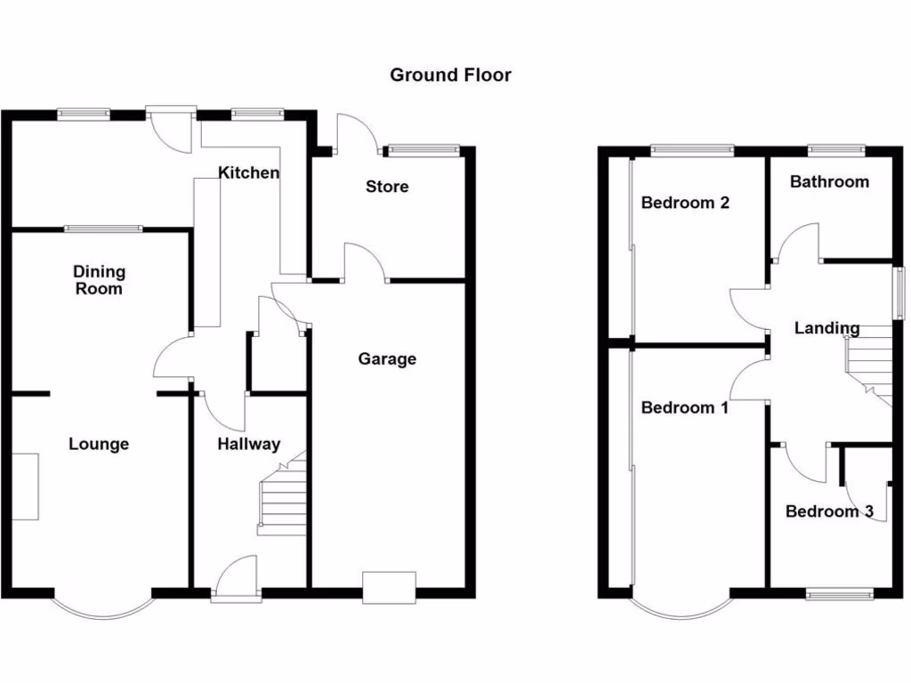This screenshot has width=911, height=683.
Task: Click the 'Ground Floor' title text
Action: (450, 75)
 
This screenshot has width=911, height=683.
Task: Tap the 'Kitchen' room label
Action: (249, 173)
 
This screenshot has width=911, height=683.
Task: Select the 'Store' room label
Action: (387, 187)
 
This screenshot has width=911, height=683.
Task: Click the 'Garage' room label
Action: (387, 359)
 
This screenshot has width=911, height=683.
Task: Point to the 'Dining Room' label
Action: (99, 280)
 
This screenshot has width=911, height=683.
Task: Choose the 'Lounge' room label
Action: (99, 445)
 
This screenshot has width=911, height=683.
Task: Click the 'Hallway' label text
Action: (249, 445)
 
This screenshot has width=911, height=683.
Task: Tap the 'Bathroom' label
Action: (829, 182)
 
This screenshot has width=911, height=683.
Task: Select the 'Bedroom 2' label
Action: (685, 203)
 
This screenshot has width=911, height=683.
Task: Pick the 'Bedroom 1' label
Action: (684, 408)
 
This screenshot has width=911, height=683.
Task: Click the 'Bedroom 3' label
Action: (829, 512)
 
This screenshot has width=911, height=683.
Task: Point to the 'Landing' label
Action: (826, 329)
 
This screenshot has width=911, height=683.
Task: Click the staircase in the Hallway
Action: (282, 498)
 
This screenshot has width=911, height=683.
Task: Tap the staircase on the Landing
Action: (869, 360)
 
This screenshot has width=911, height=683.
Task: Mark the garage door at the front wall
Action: (389, 588)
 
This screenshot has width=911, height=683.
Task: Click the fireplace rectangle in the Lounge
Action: (25, 486)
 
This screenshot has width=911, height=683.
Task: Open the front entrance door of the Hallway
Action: (237, 583)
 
